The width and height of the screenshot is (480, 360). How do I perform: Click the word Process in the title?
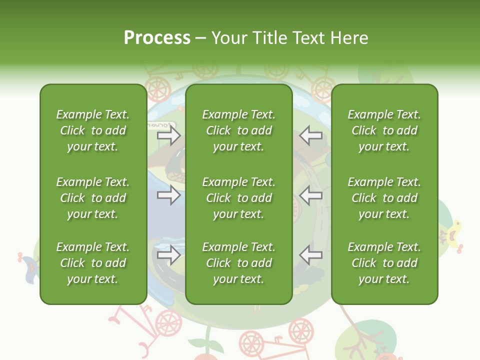(x=157, y=38)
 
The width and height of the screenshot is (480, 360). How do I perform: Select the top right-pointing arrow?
(x=168, y=135)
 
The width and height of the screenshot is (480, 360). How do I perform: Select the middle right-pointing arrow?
(x=168, y=195)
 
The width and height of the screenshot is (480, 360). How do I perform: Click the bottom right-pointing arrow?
(x=168, y=255)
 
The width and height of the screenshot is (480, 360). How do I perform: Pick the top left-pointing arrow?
(x=311, y=135)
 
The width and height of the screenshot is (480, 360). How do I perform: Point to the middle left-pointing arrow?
(x=311, y=195)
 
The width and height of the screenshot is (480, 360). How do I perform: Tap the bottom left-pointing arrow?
(x=311, y=255)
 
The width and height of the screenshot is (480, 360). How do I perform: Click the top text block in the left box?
(x=93, y=130)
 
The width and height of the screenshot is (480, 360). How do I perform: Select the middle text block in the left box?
(x=93, y=198)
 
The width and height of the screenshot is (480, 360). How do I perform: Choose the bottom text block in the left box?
(x=93, y=263)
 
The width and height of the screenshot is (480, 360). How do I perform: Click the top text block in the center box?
(x=239, y=130)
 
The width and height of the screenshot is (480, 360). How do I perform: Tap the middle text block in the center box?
(x=239, y=198)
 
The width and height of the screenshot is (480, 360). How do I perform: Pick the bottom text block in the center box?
(x=239, y=263)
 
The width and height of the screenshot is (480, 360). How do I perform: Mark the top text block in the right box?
(x=384, y=130)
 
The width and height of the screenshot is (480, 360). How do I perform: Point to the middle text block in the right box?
(x=384, y=198)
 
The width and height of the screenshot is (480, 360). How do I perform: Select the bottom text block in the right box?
(x=384, y=263)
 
